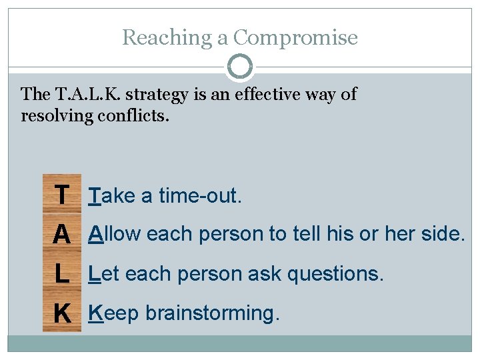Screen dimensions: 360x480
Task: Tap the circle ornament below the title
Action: point(240,67)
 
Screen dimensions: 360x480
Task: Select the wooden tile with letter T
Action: point(61,195)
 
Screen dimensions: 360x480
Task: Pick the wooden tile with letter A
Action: point(61,234)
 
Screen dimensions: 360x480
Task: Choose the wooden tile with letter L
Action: point(61,273)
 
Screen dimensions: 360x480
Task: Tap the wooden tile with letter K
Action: point(61,313)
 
